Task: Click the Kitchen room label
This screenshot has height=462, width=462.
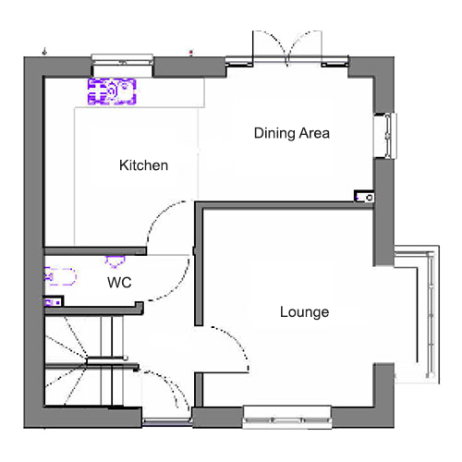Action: click(144, 165)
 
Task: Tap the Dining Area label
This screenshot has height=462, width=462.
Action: click(292, 133)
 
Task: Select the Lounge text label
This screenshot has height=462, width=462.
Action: click(304, 312)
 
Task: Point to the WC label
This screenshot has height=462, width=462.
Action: click(119, 283)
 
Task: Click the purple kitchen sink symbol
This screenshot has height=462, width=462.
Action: click(112, 91)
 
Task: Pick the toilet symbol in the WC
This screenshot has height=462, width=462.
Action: click(60, 276)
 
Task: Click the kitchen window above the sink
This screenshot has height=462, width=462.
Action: click(123, 60)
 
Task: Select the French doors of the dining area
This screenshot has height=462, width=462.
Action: click(287, 49)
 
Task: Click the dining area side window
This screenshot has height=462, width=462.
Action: click(385, 136)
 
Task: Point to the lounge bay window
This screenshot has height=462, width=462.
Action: click(418, 314)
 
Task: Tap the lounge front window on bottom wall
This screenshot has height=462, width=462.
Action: click(287, 418)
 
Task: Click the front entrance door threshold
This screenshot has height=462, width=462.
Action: click(167, 421)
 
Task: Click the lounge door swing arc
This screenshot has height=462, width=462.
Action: click(237, 339)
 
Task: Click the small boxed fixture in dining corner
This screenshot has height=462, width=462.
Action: click(364, 197)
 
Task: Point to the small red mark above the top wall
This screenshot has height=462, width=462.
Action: click(191, 53)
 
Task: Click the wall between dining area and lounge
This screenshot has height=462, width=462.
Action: click(284, 205)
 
